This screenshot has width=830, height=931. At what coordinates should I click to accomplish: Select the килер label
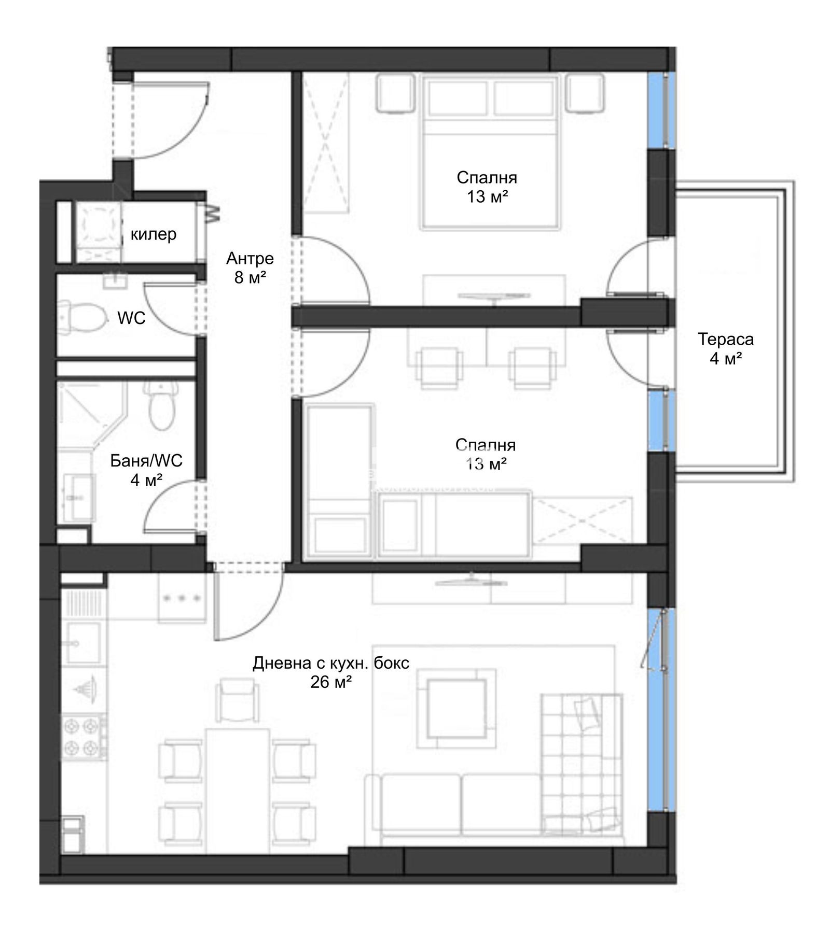click(154, 234)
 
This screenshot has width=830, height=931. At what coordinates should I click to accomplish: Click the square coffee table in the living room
click(457, 709)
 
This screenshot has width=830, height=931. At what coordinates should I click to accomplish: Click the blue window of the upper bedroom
click(661, 110)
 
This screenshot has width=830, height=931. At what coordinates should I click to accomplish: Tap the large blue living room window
click(661, 710)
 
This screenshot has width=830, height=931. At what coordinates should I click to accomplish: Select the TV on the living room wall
click(471, 581)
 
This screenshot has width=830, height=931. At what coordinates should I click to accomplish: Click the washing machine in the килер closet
click(100, 232)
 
